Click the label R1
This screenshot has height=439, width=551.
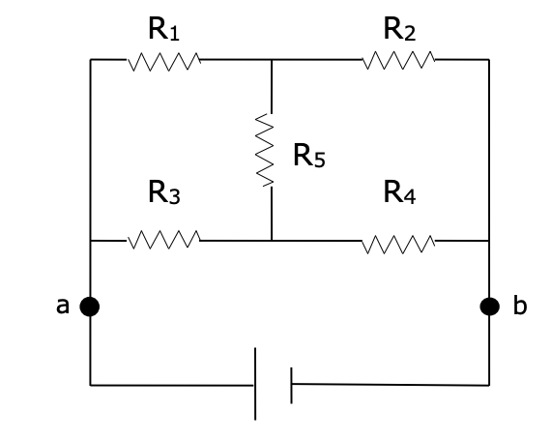coord(162,30)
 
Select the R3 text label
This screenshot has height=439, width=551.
coord(162,193)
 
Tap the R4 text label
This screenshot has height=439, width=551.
coord(399,193)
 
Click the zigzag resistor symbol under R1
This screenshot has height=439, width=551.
coord(163,62)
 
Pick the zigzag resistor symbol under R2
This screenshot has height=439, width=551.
coord(399,61)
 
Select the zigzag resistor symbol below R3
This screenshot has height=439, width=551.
coord(163,239)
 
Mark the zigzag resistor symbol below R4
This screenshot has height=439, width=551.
coord(399,242)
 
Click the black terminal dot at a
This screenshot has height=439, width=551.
coord(90,307)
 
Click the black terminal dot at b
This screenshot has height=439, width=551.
coord(490,307)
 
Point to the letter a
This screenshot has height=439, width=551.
coord(63,307)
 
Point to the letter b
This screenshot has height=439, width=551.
coord(519,307)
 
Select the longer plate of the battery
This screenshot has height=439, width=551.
coord(256,384)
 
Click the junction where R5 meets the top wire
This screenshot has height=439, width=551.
coord(272,60)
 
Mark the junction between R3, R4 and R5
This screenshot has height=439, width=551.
coord(272,240)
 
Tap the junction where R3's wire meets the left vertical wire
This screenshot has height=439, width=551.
coord(91,240)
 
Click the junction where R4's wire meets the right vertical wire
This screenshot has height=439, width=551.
coord(489,241)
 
